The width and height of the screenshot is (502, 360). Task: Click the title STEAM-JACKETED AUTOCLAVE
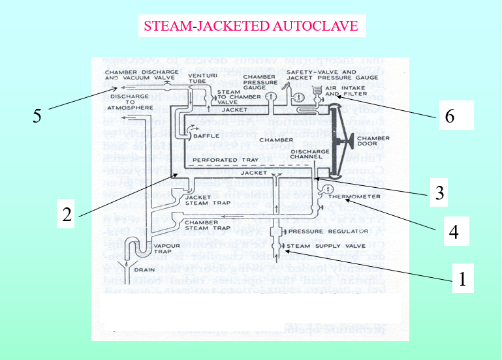click(251, 26)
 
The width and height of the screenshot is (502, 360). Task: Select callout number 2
click(67, 215)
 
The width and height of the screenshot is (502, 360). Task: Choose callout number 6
click(448, 116)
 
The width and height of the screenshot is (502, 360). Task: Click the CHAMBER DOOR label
click(377, 142)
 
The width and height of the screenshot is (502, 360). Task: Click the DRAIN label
click(143, 269)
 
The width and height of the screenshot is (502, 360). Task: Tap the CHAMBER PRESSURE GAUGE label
click(258, 83)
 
